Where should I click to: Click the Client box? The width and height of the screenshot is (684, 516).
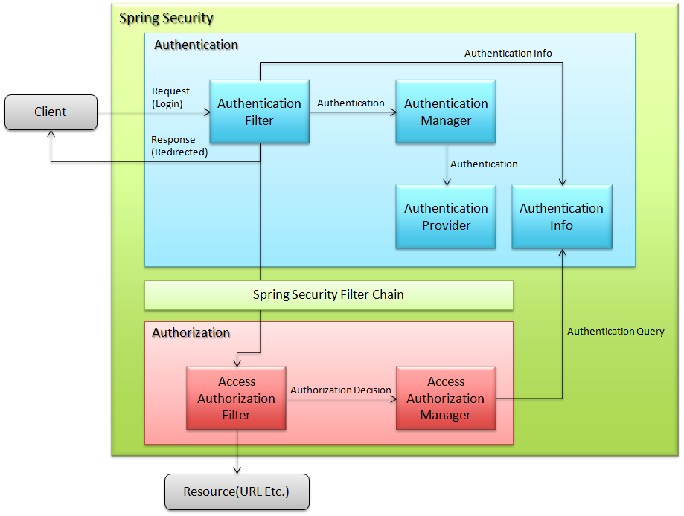coord(51,112)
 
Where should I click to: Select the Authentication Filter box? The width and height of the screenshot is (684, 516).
coord(259,112)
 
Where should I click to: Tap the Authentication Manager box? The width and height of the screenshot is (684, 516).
coord(446,112)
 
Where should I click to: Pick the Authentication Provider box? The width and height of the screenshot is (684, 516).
coord(446,216)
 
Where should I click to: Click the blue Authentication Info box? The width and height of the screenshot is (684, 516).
coord(561,216)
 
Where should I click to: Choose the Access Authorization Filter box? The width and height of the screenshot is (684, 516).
coord(236,398)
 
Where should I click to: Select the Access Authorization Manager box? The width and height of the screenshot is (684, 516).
coord(445,398)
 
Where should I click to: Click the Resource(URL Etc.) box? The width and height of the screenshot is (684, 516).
coord(237,491)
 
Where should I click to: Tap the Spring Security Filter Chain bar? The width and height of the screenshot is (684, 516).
coord(328,294)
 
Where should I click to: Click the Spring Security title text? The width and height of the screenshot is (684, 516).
coord(166,18)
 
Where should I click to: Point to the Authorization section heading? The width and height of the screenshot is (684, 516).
coord(191,332)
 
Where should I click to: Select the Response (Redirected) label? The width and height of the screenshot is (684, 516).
coord(179,146)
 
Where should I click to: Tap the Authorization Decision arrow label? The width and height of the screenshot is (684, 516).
coord(340,390)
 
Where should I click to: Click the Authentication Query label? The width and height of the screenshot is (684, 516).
coord(616,331)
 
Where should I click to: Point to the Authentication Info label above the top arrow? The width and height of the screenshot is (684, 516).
coord(508,53)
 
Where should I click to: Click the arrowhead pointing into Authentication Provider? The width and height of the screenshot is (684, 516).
coord(447,181)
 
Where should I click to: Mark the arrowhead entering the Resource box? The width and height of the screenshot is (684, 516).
coord(237,470)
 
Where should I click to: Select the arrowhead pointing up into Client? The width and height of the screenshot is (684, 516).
coord(51,135)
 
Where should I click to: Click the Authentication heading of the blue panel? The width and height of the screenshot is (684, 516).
coord(196,45)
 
